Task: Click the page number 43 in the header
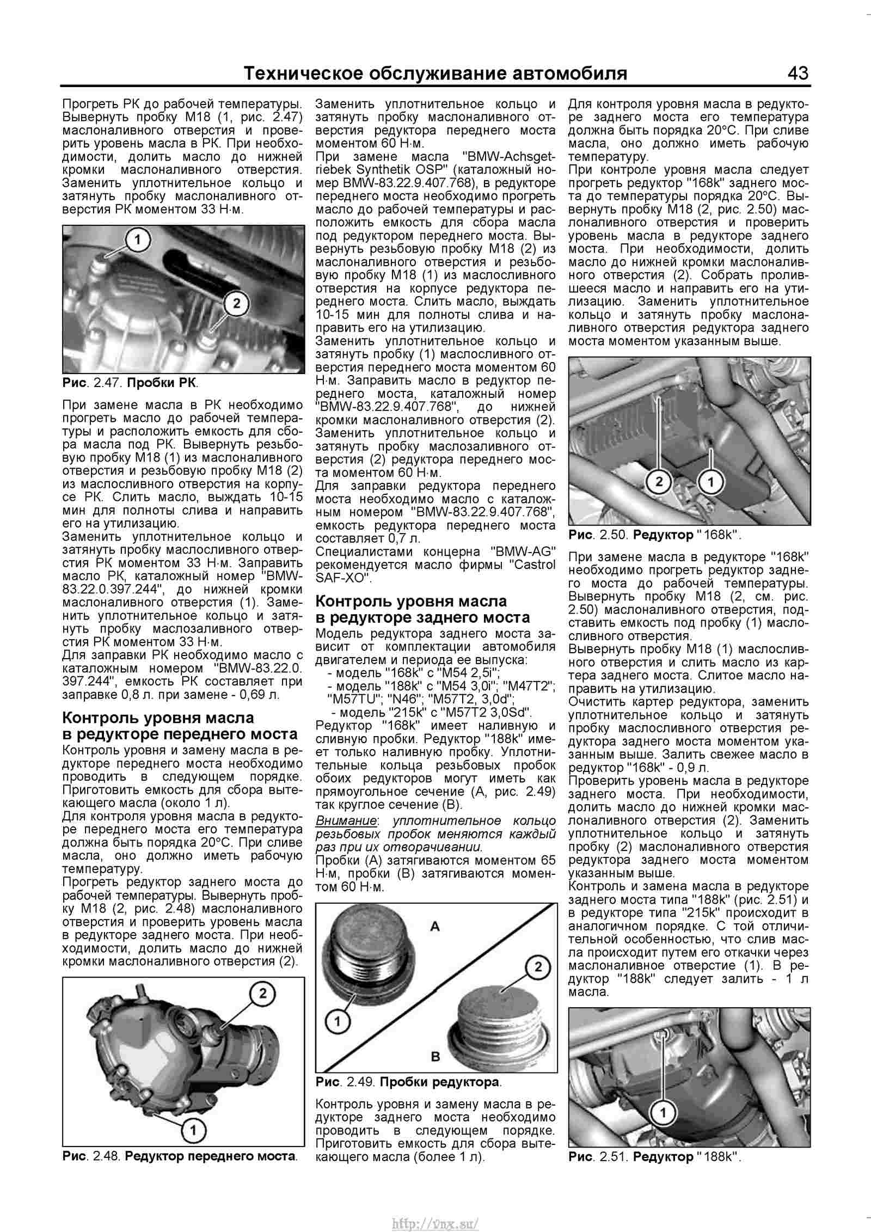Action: (797, 73)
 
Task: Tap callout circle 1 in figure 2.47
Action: (138, 240)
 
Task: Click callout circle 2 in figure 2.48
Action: (262, 994)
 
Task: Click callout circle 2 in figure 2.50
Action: (658, 481)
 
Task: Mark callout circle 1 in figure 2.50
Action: (710, 481)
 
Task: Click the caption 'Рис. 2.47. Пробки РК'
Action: (131, 382)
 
